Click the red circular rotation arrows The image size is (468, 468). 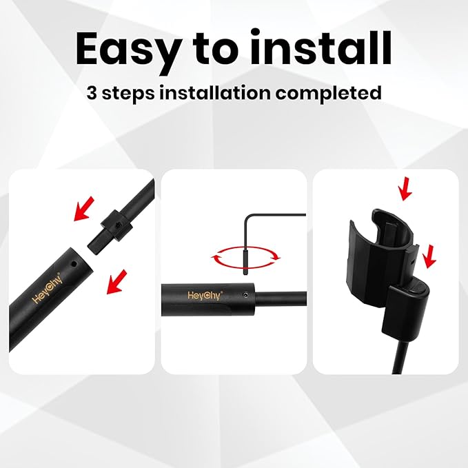click(x=247, y=258)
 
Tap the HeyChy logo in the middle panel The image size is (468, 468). click(x=205, y=294)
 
